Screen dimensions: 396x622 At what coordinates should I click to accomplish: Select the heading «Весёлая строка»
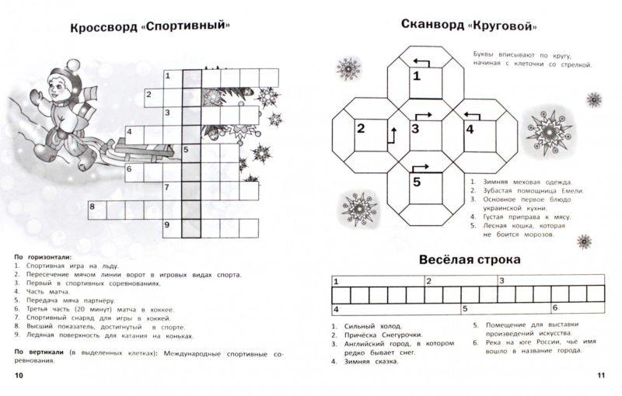click(x=470, y=259)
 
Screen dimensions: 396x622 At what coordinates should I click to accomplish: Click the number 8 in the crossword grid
click(x=93, y=207)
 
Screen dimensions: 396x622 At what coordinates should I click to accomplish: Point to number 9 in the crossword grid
click(x=166, y=225)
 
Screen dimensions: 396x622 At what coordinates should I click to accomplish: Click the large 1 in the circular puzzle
click(x=416, y=76)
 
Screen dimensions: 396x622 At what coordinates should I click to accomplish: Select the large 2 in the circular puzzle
click(x=361, y=129)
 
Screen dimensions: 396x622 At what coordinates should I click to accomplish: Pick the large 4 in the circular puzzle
click(x=470, y=129)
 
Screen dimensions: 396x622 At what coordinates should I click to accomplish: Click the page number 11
click(x=600, y=376)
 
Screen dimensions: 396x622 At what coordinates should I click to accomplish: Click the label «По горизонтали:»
click(x=43, y=255)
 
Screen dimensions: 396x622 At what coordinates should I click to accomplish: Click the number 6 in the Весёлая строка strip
click(x=554, y=308)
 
